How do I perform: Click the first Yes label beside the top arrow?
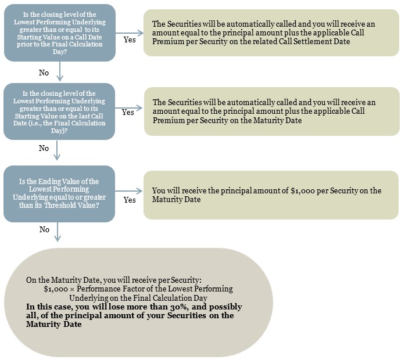coord(130,39)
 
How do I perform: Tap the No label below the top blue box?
coord(44,73)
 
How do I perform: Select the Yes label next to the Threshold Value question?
coord(130,200)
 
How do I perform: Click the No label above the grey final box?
coord(44,229)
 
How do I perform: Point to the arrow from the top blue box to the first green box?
coord(130,33)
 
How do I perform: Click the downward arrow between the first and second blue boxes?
coord(60,71)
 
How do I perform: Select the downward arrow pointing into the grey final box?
coord(58,232)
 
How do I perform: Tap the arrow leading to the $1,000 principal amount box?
coord(128,191)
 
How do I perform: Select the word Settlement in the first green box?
coord(302,41)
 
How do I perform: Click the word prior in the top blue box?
coord(23,44)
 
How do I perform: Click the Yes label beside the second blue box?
coord(128,112)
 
